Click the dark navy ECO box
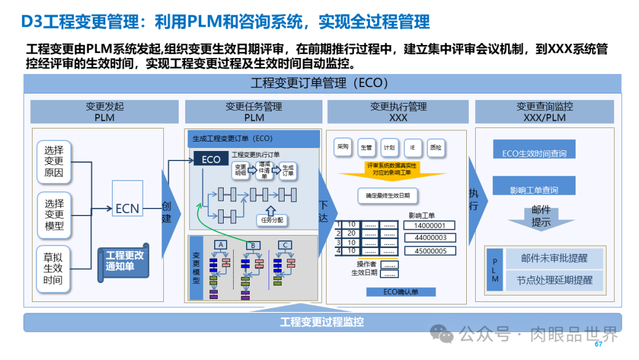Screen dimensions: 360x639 tap(211, 159)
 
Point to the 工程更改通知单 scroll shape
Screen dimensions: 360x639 tap(124, 261)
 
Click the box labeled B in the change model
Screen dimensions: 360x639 tap(253, 245)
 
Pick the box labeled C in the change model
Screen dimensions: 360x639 tap(285, 245)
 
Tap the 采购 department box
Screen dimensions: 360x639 tap(343, 147)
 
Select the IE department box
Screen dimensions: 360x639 tap(412, 147)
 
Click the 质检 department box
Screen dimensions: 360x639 tap(435, 147)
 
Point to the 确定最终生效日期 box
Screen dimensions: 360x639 tap(388, 195)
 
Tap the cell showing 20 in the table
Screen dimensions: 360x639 tap(351, 233)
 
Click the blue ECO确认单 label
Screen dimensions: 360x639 tap(401, 292)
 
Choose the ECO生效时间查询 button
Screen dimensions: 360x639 tap(534, 153)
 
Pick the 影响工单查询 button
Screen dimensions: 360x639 tap(534, 189)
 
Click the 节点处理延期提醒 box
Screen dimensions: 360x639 tap(554, 280)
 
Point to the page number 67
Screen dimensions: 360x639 tap(598, 344)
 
